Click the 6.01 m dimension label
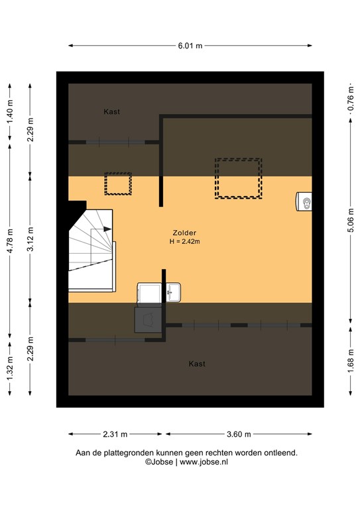pyautogui.click(x=190, y=46)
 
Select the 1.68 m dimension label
pyautogui.click(x=350, y=363)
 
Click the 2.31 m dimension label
pyautogui.click(x=115, y=435)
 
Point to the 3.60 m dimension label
pyautogui.click(x=239, y=435)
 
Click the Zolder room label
pyautogui.click(x=184, y=233)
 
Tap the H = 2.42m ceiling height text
pyautogui.click(x=184, y=242)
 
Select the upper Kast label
pyautogui.click(x=111, y=112)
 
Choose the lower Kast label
pyautogui.click(x=197, y=364)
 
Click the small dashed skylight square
pyautogui.click(x=118, y=184)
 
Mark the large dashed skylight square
pyautogui.click(x=237, y=178)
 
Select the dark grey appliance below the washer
pyautogui.click(x=148, y=319)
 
